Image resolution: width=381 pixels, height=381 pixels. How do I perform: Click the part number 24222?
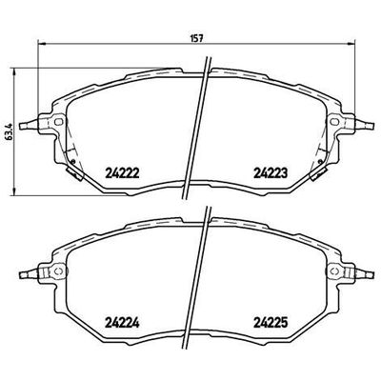click(120, 172)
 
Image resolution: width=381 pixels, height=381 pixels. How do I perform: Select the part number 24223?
click(271, 172)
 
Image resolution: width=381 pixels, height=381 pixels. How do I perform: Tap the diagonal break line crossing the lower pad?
click(201, 276)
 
